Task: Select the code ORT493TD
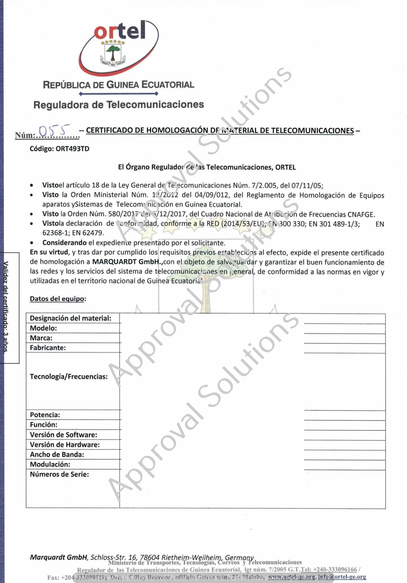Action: (72, 149)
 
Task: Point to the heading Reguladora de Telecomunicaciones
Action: (119, 105)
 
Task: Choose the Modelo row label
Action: (43, 328)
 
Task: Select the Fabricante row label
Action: (48, 348)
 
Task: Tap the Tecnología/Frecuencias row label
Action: (69, 377)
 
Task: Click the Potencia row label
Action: (45, 415)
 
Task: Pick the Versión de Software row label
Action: (64, 435)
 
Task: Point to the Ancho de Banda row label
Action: (57, 455)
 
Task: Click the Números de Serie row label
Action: (60, 474)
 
